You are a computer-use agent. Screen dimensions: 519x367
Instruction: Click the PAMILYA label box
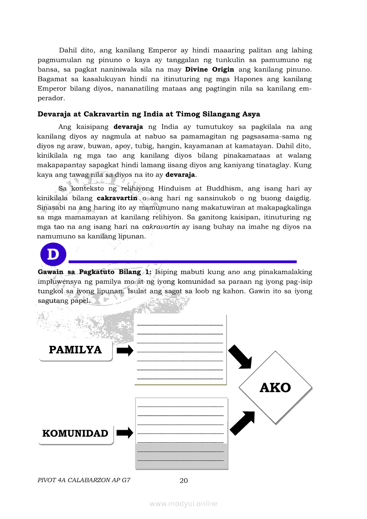point(75,350)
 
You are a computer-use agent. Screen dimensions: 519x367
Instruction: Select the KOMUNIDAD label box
point(75,434)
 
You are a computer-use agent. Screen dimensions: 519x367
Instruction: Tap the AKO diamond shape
point(275,388)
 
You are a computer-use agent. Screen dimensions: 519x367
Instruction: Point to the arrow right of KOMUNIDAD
point(125,433)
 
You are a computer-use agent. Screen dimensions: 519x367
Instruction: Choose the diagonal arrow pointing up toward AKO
point(243,423)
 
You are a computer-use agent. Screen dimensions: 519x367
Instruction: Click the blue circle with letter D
point(53,255)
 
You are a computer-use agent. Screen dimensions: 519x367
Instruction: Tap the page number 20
point(183,480)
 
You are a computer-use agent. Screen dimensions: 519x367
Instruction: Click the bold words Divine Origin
point(209,70)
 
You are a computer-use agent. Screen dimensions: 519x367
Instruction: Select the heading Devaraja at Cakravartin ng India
point(149,114)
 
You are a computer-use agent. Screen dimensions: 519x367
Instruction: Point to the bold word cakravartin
point(117,198)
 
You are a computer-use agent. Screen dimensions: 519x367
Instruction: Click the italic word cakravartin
point(160,227)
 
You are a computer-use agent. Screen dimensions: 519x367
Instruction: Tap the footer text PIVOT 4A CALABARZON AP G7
point(84,480)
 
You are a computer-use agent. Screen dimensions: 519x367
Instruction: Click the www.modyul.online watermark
point(183,503)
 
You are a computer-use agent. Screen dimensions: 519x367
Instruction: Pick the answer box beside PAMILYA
point(180,349)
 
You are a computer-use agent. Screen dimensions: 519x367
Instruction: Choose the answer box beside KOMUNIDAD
point(181,433)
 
